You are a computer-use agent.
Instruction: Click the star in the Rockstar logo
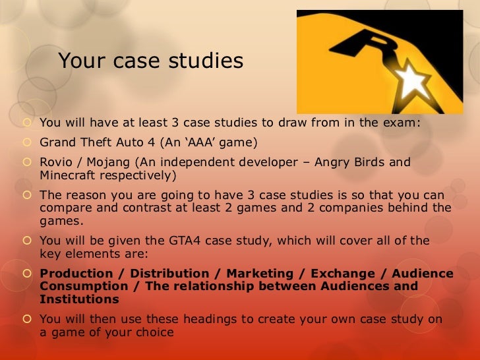410,82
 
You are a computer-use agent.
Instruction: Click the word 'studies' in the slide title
205,61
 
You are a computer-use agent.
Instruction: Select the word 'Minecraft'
68,175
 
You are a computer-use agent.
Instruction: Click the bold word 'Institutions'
80,299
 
